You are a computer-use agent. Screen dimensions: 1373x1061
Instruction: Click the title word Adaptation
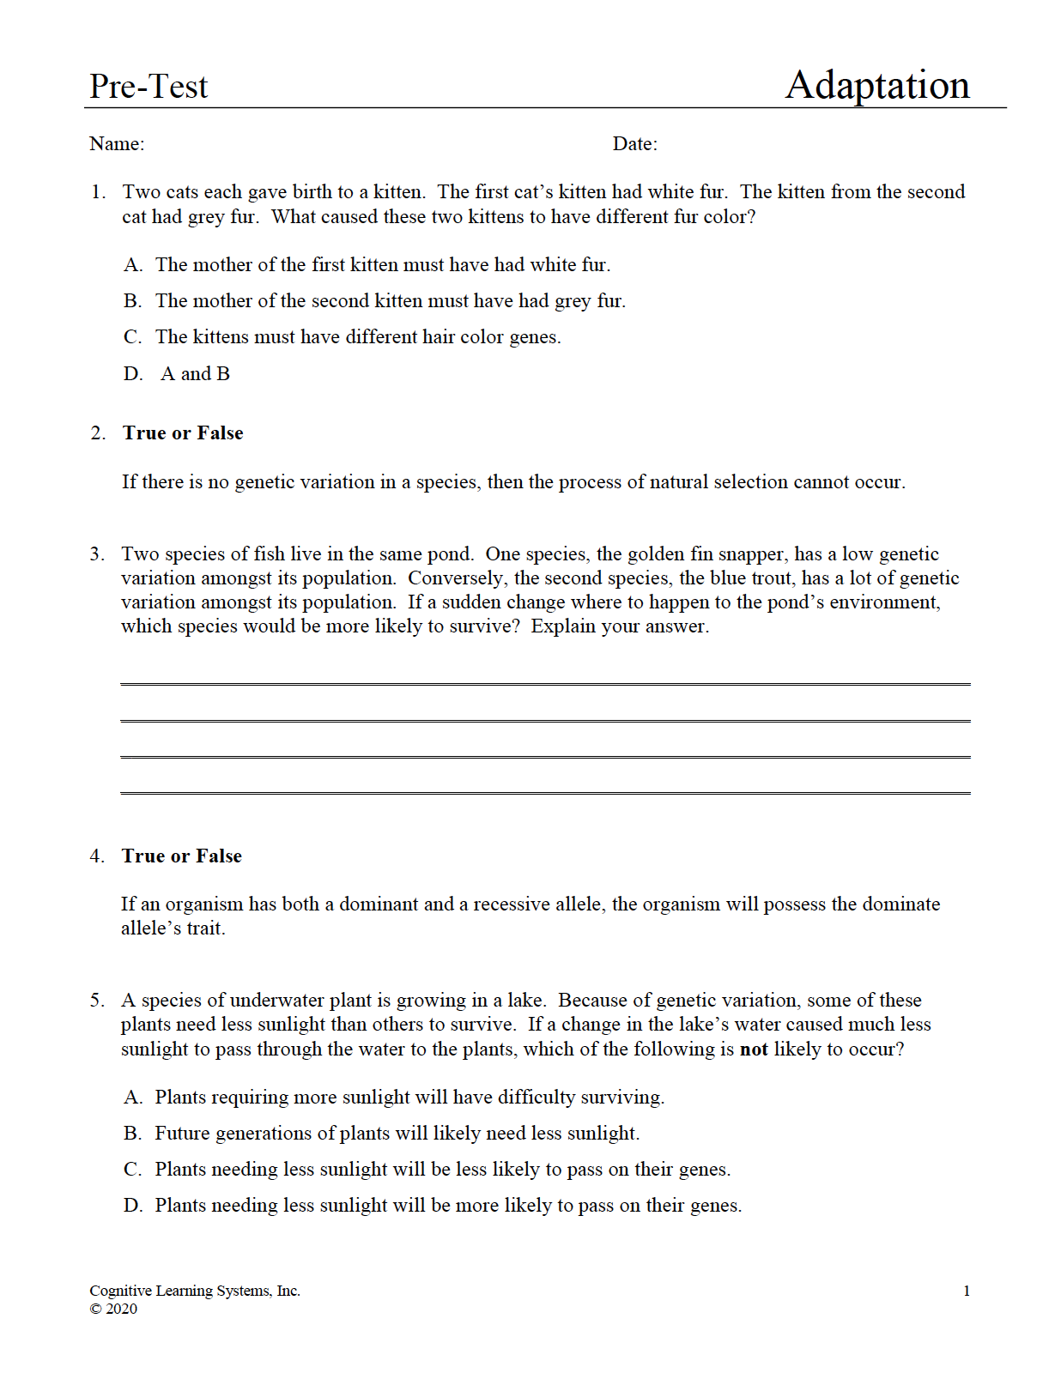(877, 85)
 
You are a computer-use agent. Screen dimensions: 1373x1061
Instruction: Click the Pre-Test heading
(149, 87)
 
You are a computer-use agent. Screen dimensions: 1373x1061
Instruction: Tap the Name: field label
(117, 144)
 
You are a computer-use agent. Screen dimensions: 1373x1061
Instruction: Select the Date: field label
(634, 144)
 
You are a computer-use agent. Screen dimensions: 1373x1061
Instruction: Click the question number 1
(97, 192)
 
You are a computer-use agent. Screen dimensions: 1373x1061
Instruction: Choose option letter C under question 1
(132, 337)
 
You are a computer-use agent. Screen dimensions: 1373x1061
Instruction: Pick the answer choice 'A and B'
(196, 374)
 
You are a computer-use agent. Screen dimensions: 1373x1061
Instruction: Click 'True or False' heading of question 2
(183, 433)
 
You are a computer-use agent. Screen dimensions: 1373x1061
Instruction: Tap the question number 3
(97, 554)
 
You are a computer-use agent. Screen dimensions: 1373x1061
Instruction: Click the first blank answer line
(545, 684)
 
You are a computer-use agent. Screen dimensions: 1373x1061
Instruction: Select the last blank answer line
(545, 793)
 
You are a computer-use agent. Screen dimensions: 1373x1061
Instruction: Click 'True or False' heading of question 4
(182, 856)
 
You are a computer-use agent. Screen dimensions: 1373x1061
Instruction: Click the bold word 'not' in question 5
(754, 1049)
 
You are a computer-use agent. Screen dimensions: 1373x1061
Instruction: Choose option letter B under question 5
(132, 1134)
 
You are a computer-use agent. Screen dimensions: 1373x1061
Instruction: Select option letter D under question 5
(133, 1206)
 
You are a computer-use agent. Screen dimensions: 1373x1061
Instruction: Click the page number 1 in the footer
(967, 1291)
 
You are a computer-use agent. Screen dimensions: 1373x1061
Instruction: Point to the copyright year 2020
(121, 1309)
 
